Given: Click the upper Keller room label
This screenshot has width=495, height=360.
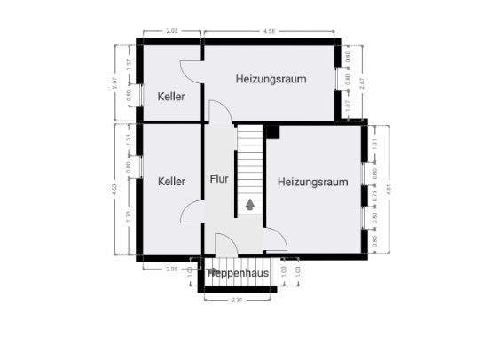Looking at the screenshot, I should coord(171,96).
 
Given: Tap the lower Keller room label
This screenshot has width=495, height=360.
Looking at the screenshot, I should coord(171,181).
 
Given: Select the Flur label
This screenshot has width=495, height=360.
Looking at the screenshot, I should coord(219,178).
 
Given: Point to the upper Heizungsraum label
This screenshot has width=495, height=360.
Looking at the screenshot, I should coord(271,78).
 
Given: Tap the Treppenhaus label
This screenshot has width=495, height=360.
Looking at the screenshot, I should coord(240,273).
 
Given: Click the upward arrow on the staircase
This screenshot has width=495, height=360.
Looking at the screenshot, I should coord(251,205).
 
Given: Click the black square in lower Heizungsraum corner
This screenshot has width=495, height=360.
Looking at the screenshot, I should coord(272,131).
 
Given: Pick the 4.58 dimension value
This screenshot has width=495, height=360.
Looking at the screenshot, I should coord(270,33).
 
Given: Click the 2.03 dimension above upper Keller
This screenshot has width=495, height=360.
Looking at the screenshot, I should coord(172,33).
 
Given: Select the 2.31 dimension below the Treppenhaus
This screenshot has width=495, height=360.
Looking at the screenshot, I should coord(237,301).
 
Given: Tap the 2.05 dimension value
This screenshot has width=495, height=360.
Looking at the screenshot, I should coord(172,268).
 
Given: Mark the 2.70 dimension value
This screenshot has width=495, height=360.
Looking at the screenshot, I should coord(129,215).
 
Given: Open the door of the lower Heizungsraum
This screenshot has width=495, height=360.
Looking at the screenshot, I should coord(276,237).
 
